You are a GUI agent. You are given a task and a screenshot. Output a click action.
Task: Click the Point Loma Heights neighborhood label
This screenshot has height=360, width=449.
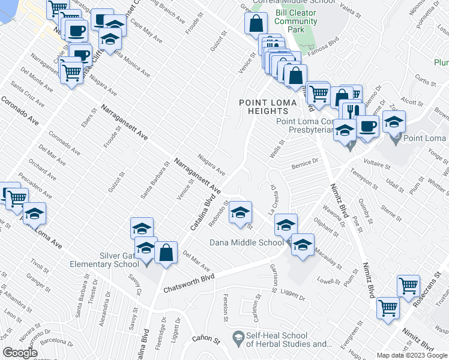pyautogui.click(x=268, y=107)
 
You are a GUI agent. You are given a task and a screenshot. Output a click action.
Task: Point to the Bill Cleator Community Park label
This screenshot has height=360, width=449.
pyautogui.click(x=296, y=21)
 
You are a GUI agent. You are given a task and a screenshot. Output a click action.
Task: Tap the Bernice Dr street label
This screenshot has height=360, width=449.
pyautogui.click(x=304, y=161)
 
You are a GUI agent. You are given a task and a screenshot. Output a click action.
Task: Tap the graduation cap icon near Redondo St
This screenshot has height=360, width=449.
pyautogui.click(x=240, y=212)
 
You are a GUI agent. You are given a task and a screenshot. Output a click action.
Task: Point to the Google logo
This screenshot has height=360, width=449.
pyautogui.click(x=20, y=352)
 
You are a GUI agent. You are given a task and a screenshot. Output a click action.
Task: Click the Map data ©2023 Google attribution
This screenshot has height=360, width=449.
pyautogui.click(x=411, y=355)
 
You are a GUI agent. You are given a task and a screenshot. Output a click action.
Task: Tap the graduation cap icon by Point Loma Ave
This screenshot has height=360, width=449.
pyautogui.click(x=34, y=214)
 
